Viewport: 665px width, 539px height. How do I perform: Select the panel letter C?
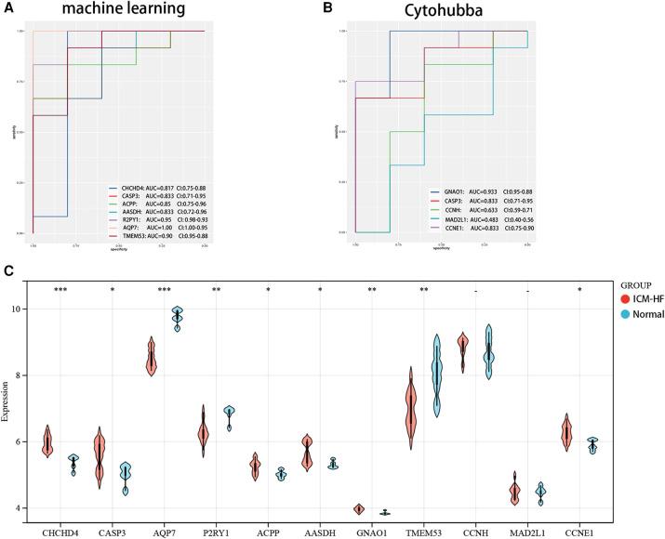point(8,271)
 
